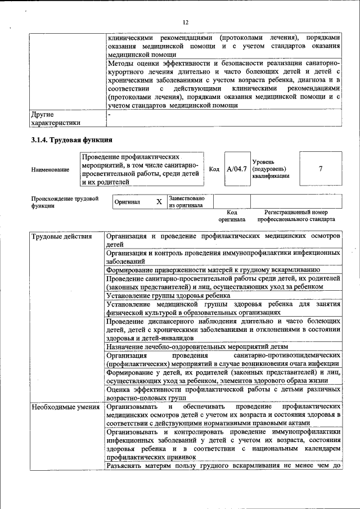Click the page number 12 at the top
point(185,22)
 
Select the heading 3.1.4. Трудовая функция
point(72,139)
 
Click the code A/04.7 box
point(236,169)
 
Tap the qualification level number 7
point(320,169)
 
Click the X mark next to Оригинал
point(159,201)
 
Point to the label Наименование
point(51,169)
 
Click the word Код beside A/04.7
point(214,169)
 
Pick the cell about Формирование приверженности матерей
point(213,270)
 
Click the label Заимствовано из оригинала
point(186,201)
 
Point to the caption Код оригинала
point(228,216)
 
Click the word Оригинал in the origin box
point(127,201)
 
